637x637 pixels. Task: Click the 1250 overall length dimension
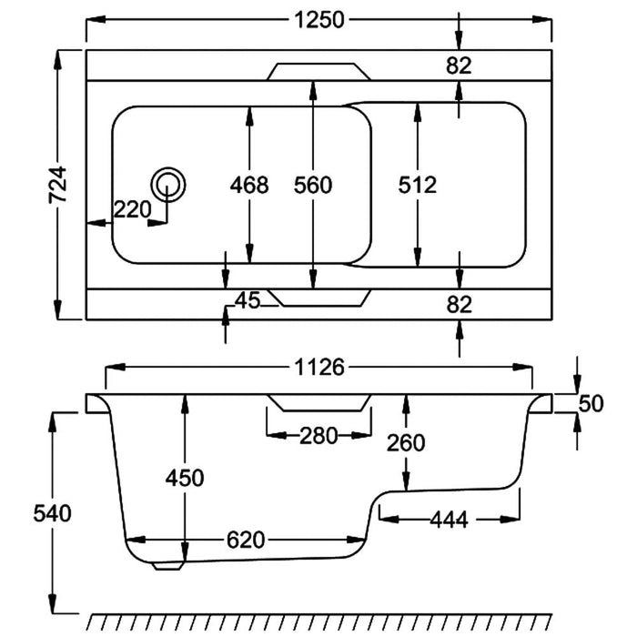point(319,20)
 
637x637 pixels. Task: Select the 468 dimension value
point(249,186)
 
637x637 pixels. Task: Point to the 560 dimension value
point(313,186)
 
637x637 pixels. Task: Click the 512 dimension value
point(418,186)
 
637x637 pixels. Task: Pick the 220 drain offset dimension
point(132,210)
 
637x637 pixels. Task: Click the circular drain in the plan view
point(168,184)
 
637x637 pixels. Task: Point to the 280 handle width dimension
point(318,435)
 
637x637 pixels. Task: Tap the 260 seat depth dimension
point(406,443)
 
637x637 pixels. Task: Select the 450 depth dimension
point(185,477)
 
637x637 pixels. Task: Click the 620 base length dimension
point(246,540)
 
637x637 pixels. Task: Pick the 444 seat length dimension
point(449,520)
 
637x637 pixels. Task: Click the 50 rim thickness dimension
point(591,403)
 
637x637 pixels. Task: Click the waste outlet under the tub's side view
point(167,564)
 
